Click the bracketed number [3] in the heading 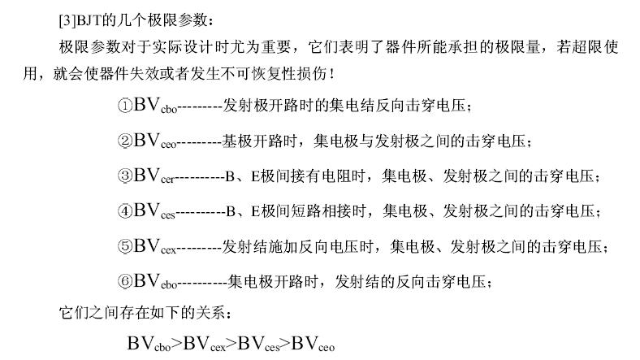click(67, 20)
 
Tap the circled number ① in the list click(125, 106)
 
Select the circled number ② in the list click(125, 141)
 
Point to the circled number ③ click(125, 176)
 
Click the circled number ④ click(125, 211)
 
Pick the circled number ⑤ click(125, 246)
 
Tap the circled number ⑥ click(125, 282)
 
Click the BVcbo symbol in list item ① click(155, 106)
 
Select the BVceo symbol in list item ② click(155, 141)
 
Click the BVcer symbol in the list click(154, 176)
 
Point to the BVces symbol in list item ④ click(154, 211)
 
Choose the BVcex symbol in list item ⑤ click(154, 246)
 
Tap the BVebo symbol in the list click(155, 282)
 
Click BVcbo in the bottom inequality click(149, 344)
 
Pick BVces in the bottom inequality click(259, 344)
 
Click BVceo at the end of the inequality click(313, 344)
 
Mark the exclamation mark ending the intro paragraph click(332, 74)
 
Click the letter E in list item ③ click(256, 176)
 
